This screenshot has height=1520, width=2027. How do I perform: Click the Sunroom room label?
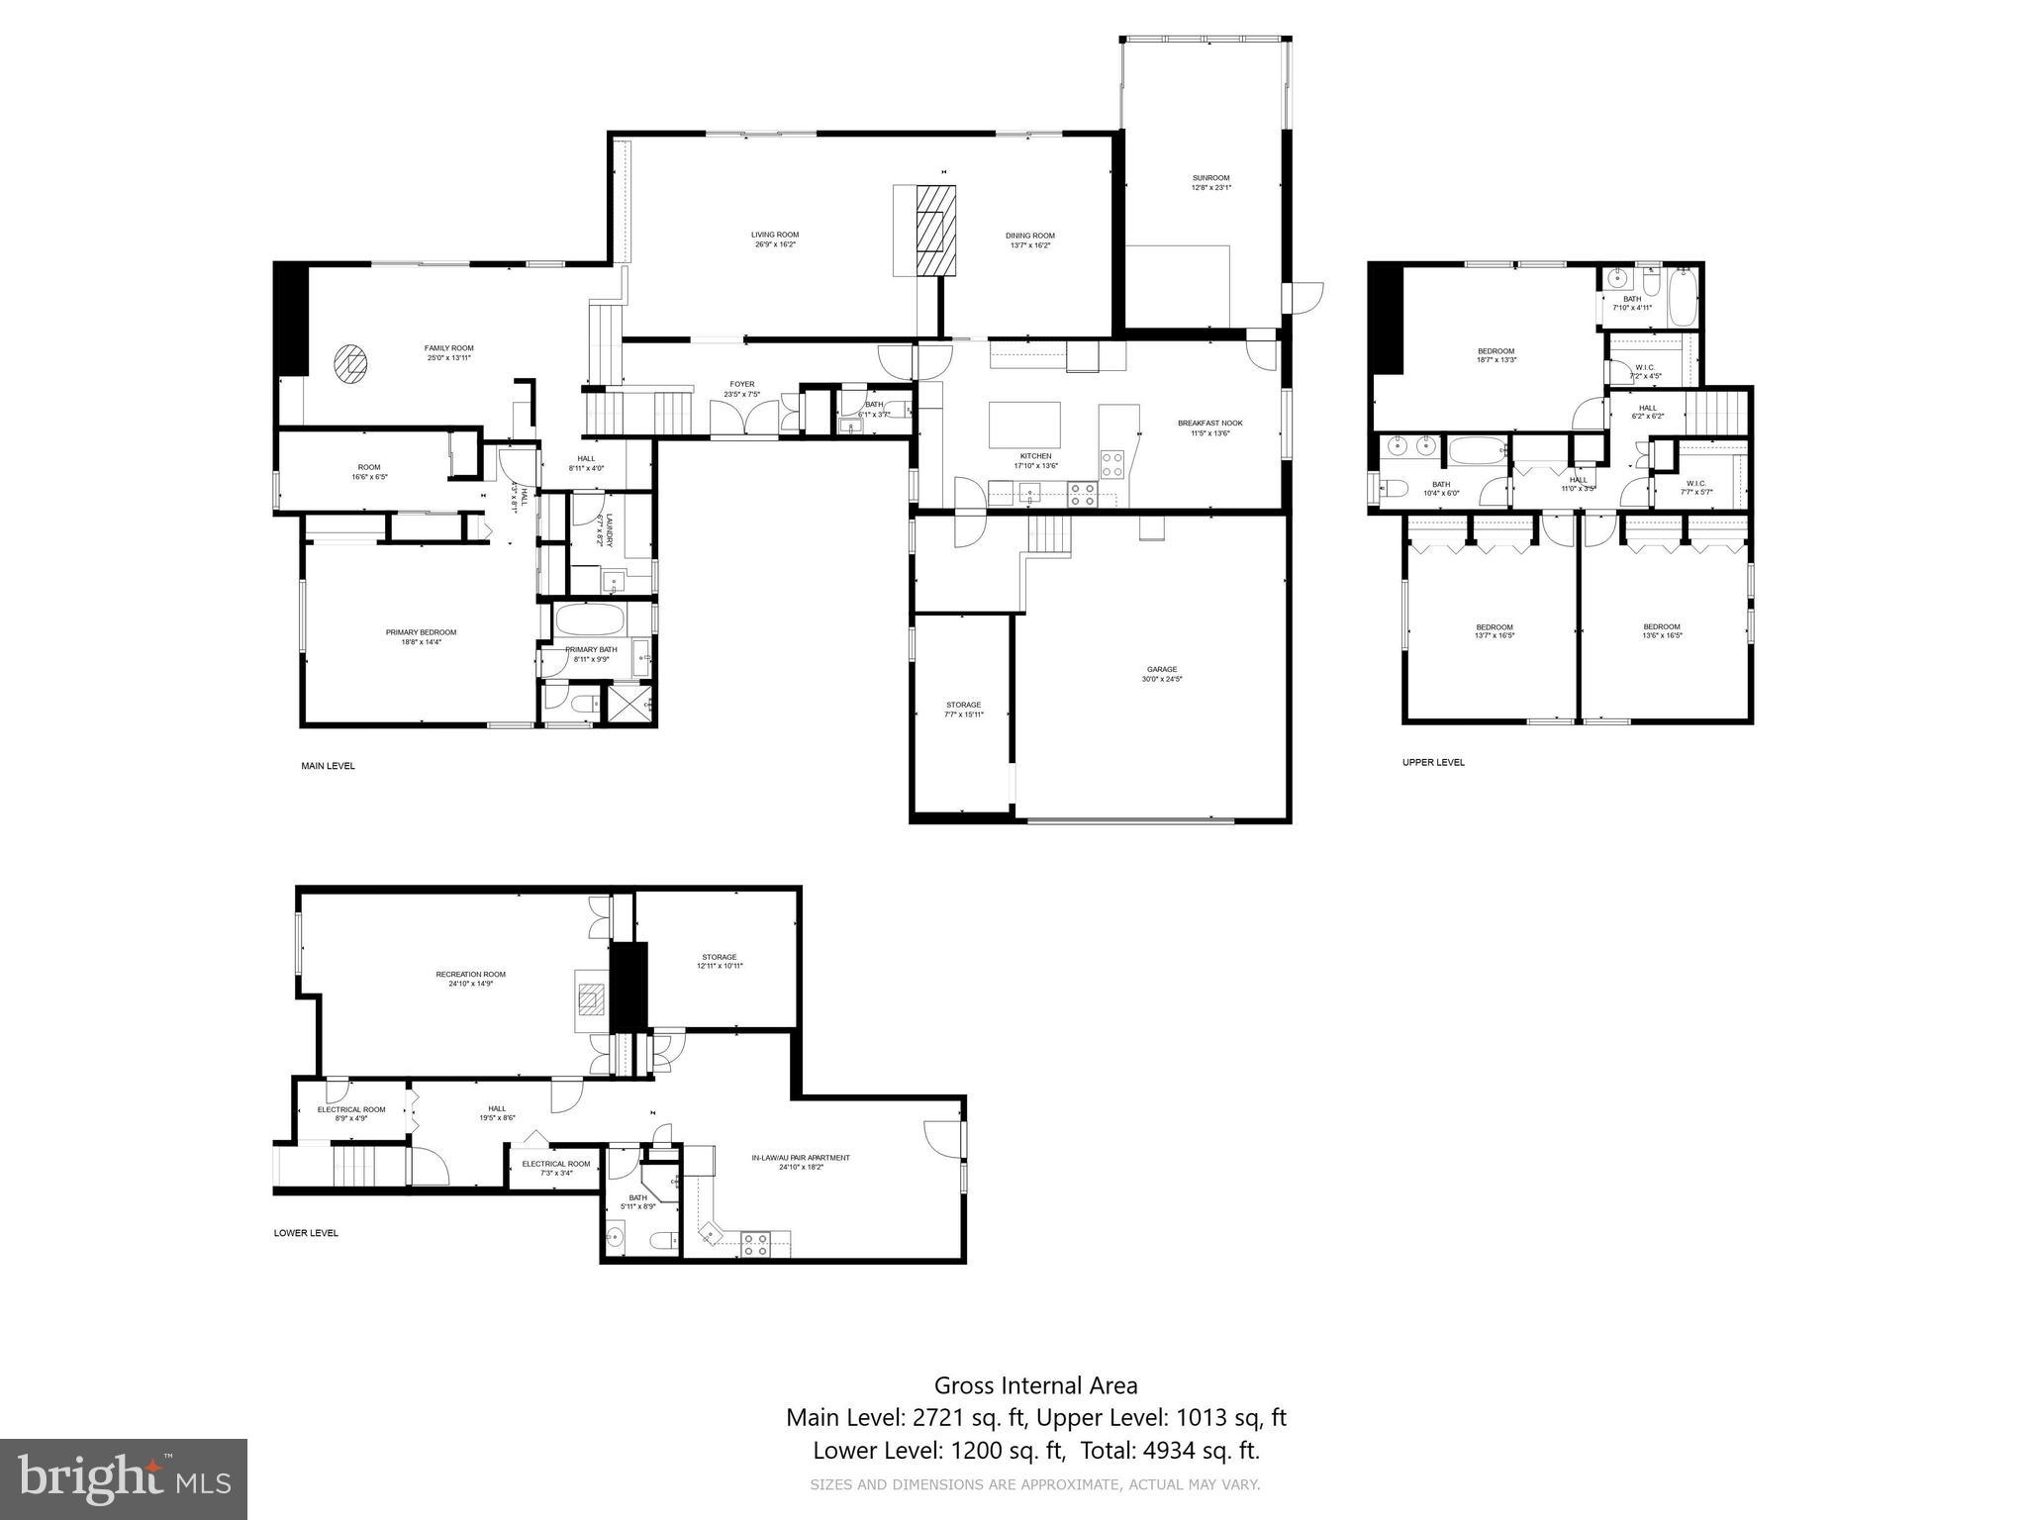point(1210,183)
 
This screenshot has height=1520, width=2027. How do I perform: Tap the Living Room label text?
point(774,239)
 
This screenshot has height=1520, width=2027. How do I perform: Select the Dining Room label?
point(1029,240)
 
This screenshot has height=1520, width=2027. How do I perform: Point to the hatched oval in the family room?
point(350,363)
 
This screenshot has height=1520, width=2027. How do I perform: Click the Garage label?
point(1162,674)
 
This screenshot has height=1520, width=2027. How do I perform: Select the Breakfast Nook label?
point(1209,427)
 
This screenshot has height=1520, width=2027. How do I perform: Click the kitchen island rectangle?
point(1024,425)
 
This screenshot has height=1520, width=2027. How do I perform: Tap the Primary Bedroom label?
point(421,636)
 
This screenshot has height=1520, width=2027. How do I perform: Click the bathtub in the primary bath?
point(590,621)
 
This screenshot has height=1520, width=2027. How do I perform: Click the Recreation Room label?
point(470,979)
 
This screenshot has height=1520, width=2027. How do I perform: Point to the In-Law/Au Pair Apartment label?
point(801,1162)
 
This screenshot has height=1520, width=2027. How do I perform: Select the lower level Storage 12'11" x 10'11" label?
point(720,961)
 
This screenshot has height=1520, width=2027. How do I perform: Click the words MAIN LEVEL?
point(328,766)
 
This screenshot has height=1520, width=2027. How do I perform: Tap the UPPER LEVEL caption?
point(1433,762)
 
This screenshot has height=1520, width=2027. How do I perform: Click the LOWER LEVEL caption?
point(306,1233)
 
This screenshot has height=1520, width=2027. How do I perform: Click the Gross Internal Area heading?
point(1035,1385)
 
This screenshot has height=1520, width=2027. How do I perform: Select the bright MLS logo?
point(124,1479)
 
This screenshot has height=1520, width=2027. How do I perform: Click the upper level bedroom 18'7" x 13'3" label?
point(1496,355)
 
